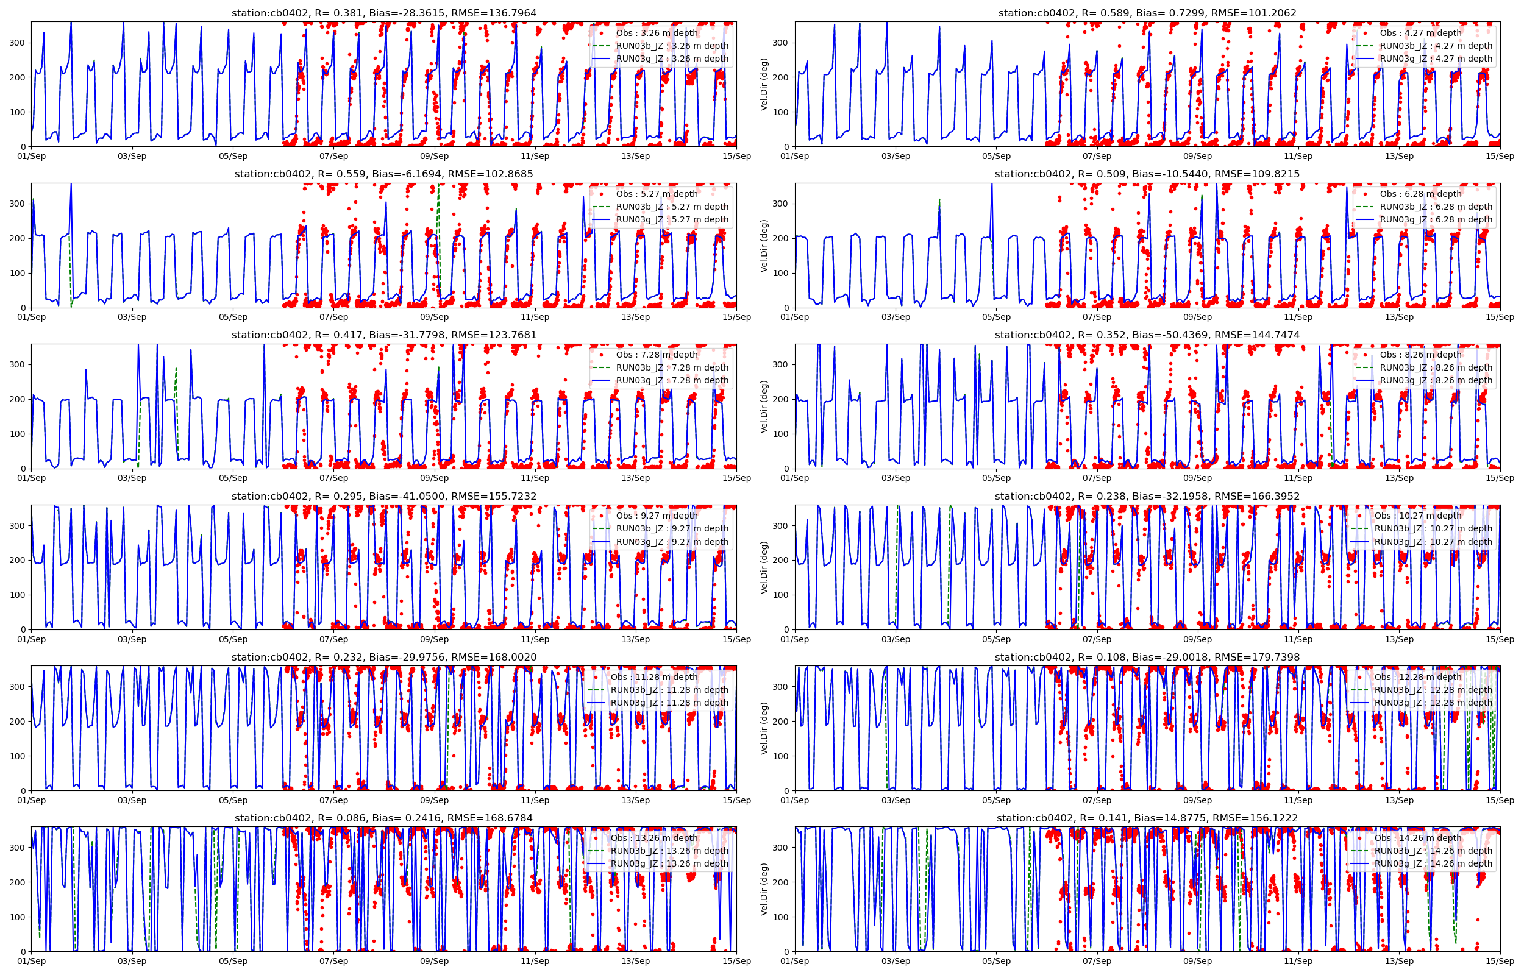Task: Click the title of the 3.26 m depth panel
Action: point(383,13)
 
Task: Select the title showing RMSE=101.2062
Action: point(1147,13)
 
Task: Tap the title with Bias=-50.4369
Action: point(1147,335)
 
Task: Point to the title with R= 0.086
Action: point(383,818)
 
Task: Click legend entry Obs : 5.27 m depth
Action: point(657,194)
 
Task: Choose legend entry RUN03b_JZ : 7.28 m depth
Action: point(672,367)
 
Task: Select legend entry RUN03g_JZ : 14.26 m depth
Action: point(1433,863)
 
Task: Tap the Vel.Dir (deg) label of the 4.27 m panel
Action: point(764,84)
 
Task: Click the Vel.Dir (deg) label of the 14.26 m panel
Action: point(764,889)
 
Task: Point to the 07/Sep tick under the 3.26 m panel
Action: point(333,157)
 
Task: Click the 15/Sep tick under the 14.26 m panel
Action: point(1499,961)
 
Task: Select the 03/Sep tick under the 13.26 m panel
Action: point(132,961)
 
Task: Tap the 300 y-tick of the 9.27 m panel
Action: point(18,525)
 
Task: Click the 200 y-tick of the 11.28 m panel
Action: point(18,721)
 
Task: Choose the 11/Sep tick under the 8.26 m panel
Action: point(1298,478)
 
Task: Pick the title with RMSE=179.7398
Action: point(1147,657)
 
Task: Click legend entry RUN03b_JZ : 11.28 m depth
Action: point(669,689)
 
